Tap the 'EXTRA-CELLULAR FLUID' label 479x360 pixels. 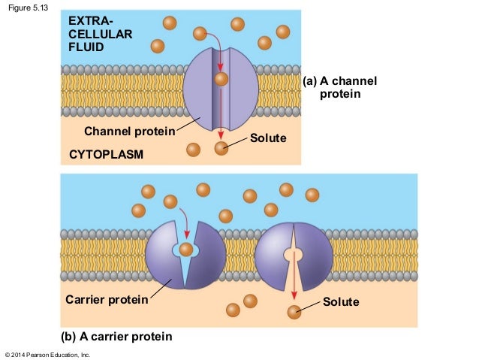click(95, 34)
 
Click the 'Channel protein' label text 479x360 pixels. click(129, 132)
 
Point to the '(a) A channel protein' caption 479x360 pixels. click(339, 88)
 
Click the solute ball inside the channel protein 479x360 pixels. click(221, 79)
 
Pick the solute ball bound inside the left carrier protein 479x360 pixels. click(186, 250)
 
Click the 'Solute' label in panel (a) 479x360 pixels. click(268, 138)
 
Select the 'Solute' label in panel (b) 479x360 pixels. click(341, 302)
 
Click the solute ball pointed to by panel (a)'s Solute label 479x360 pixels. click(221, 148)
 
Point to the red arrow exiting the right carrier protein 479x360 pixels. click(294, 278)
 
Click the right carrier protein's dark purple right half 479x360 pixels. click(314, 256)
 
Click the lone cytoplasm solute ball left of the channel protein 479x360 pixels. click(194, 150)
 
